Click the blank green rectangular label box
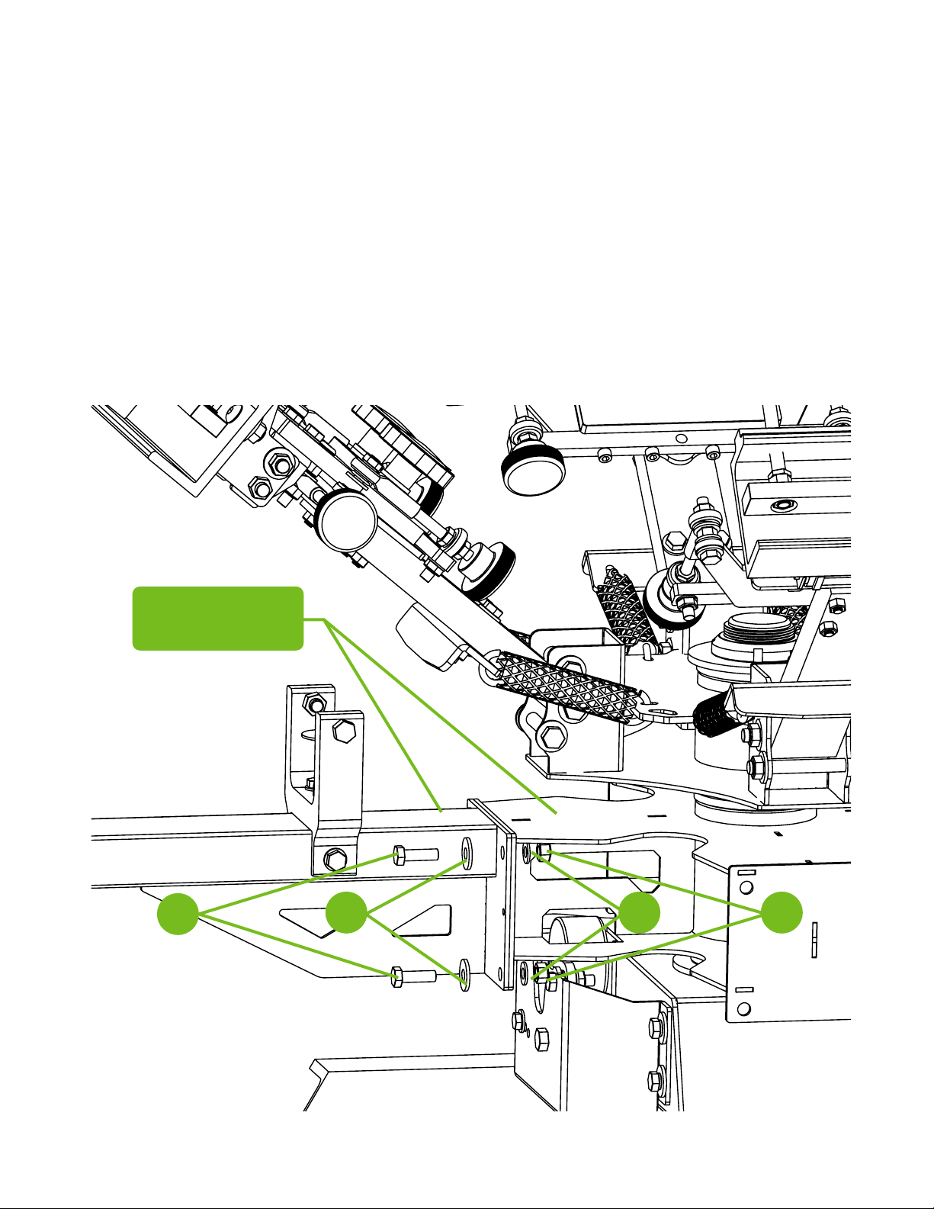tap(218, 618)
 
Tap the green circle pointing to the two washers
tap(346, 912)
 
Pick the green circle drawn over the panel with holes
tap(782, 912)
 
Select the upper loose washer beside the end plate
tap(466, 850)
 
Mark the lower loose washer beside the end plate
tap(464, 978)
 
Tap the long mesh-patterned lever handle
tap(568, 680)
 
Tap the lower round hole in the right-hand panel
tap(745, 1009)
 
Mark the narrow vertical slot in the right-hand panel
tap(814, 937)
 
